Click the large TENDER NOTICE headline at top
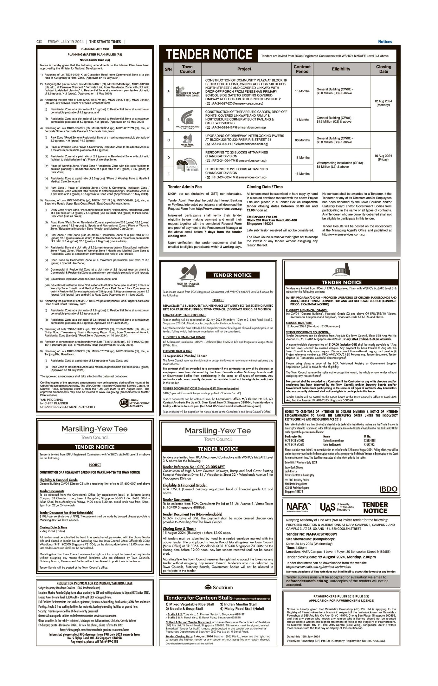[x=209, y=55]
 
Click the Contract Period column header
[x=302, y=69]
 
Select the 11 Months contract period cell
[x=302, y=120]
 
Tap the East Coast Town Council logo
[x=187, y=91]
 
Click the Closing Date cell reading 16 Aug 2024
[x=383, y=158]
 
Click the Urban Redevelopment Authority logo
[x=134, y=403]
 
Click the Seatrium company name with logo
[x=218, y=587]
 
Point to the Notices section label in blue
[x=385, y=42]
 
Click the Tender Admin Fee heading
[x=185, y=187]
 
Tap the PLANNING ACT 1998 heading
[x=95, y=49]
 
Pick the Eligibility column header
[x=341, y=69]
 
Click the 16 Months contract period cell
[x=302, y=158]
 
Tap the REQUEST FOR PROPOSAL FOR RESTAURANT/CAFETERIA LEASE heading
[x=94, y=583]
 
